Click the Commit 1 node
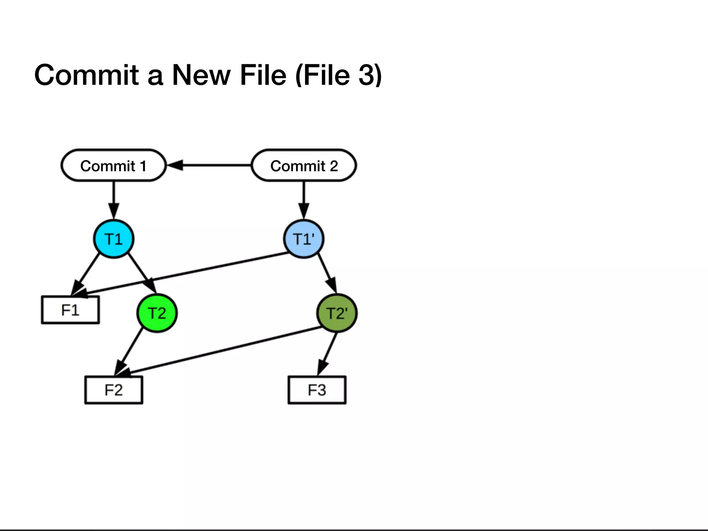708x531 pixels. point(113,166)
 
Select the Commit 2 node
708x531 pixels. point(304,166)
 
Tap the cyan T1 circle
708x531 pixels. point(113,239)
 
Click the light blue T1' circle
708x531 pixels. point(304,239)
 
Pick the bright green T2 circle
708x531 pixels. point(157,313)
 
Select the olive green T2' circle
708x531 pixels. point(337,313)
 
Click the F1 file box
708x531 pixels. point(71,310)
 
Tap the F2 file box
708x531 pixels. point(114,390)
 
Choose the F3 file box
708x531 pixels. point(317,390)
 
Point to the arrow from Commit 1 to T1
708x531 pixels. point(113,199)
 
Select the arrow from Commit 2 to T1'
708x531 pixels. point(304,199)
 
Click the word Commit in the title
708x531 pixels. point(86,75)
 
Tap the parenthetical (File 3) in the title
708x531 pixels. point(339,75)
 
